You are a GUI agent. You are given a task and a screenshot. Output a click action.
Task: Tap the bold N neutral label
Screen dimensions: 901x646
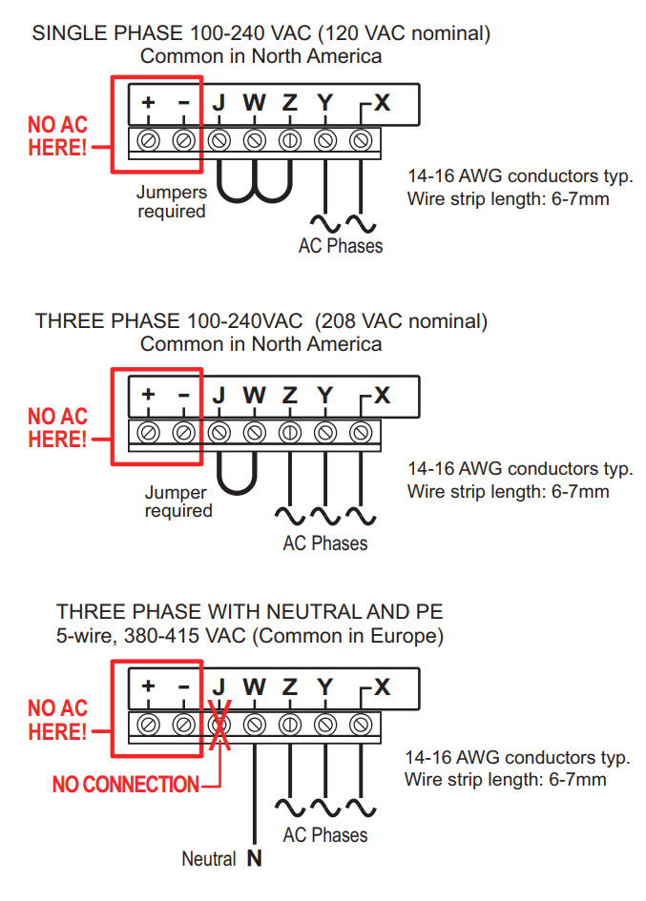point(254,858)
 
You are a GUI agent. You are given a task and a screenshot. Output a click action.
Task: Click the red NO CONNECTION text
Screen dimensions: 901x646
point(126,785)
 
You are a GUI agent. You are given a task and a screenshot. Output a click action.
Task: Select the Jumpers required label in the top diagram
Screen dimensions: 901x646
point(172,201)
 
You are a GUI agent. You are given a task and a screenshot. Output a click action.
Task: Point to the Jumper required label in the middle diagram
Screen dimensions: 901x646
point(178,502)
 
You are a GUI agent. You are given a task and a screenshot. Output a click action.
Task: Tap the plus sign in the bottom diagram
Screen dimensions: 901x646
point(148,686)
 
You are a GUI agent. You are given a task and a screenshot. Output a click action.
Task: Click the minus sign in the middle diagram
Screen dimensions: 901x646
point(184,394)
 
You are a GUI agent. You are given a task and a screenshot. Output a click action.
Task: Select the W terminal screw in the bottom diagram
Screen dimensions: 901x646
point(255,724)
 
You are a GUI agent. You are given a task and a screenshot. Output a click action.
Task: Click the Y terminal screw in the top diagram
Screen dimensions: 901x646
point(325,140)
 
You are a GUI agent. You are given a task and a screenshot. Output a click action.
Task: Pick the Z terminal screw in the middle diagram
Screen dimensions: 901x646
point(290,432)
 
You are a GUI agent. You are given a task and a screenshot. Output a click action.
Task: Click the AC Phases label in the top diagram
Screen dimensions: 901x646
point(340,246)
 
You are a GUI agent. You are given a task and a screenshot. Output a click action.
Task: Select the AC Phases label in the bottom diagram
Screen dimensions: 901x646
point(324,834)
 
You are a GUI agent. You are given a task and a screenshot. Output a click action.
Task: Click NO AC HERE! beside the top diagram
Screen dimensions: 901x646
point(57,136)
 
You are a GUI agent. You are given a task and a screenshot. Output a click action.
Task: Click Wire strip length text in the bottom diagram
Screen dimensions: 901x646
point(505,780)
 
